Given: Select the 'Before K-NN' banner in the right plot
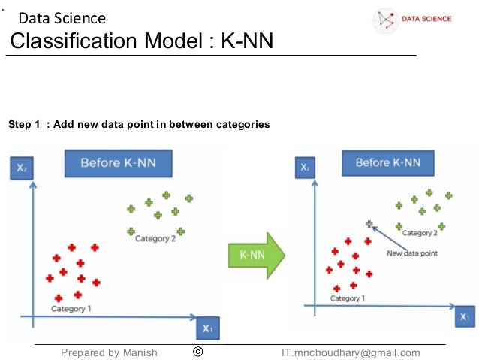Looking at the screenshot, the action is pyautogui.click(x=387, y=162).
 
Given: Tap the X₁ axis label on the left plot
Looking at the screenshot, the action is pyautogui.click(x=208, y=328).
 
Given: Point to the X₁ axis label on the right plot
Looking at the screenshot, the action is pyautogui.click(x=465, y=316).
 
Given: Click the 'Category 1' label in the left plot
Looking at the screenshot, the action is pyautogui.click(x=71, y=308).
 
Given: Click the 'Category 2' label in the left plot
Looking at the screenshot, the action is pyautogui.click(x=155, y=239).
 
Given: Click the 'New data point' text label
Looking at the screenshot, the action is pyautogui.click(x=411, y=253).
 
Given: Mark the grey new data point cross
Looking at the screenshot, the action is pyautogui.click(x=369, y=224).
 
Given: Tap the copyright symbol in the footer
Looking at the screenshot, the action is pyautogui.click(x=198, y=352).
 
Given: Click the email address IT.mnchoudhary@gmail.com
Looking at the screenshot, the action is pyautogui.click(x=351, y=352).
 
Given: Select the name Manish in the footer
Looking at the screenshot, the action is pyautogui.click(x=140, y=352).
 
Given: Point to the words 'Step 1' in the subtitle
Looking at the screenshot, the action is pyautogui.click(x=24, y=124).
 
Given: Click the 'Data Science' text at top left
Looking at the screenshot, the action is pyautogui.click(x=62, y=18).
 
